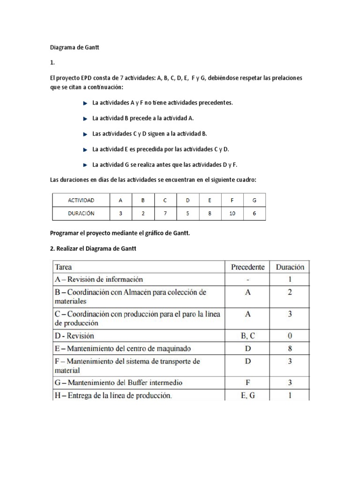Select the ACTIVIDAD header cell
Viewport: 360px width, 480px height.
[81, 200]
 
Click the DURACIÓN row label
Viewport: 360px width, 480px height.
[81, 213]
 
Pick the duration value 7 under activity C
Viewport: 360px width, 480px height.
[165, 213]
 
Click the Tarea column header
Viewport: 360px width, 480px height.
[64, 267]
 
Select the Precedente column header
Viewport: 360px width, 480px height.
[247, 267]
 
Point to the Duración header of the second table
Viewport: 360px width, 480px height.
[289, 267]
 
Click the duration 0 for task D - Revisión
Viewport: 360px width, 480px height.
[289, 336]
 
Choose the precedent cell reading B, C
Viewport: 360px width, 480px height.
[247, 336]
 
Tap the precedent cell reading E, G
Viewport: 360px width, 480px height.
[247, 395]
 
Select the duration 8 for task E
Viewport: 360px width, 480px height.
[289, 348]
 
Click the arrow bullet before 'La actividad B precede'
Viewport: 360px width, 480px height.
[85, 118]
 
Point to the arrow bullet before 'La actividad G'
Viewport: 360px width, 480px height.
[85, 165]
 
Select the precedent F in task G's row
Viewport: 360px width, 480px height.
[247, 382]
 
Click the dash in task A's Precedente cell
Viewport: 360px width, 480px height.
[247, 279]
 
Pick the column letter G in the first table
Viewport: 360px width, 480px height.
[255, 200]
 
